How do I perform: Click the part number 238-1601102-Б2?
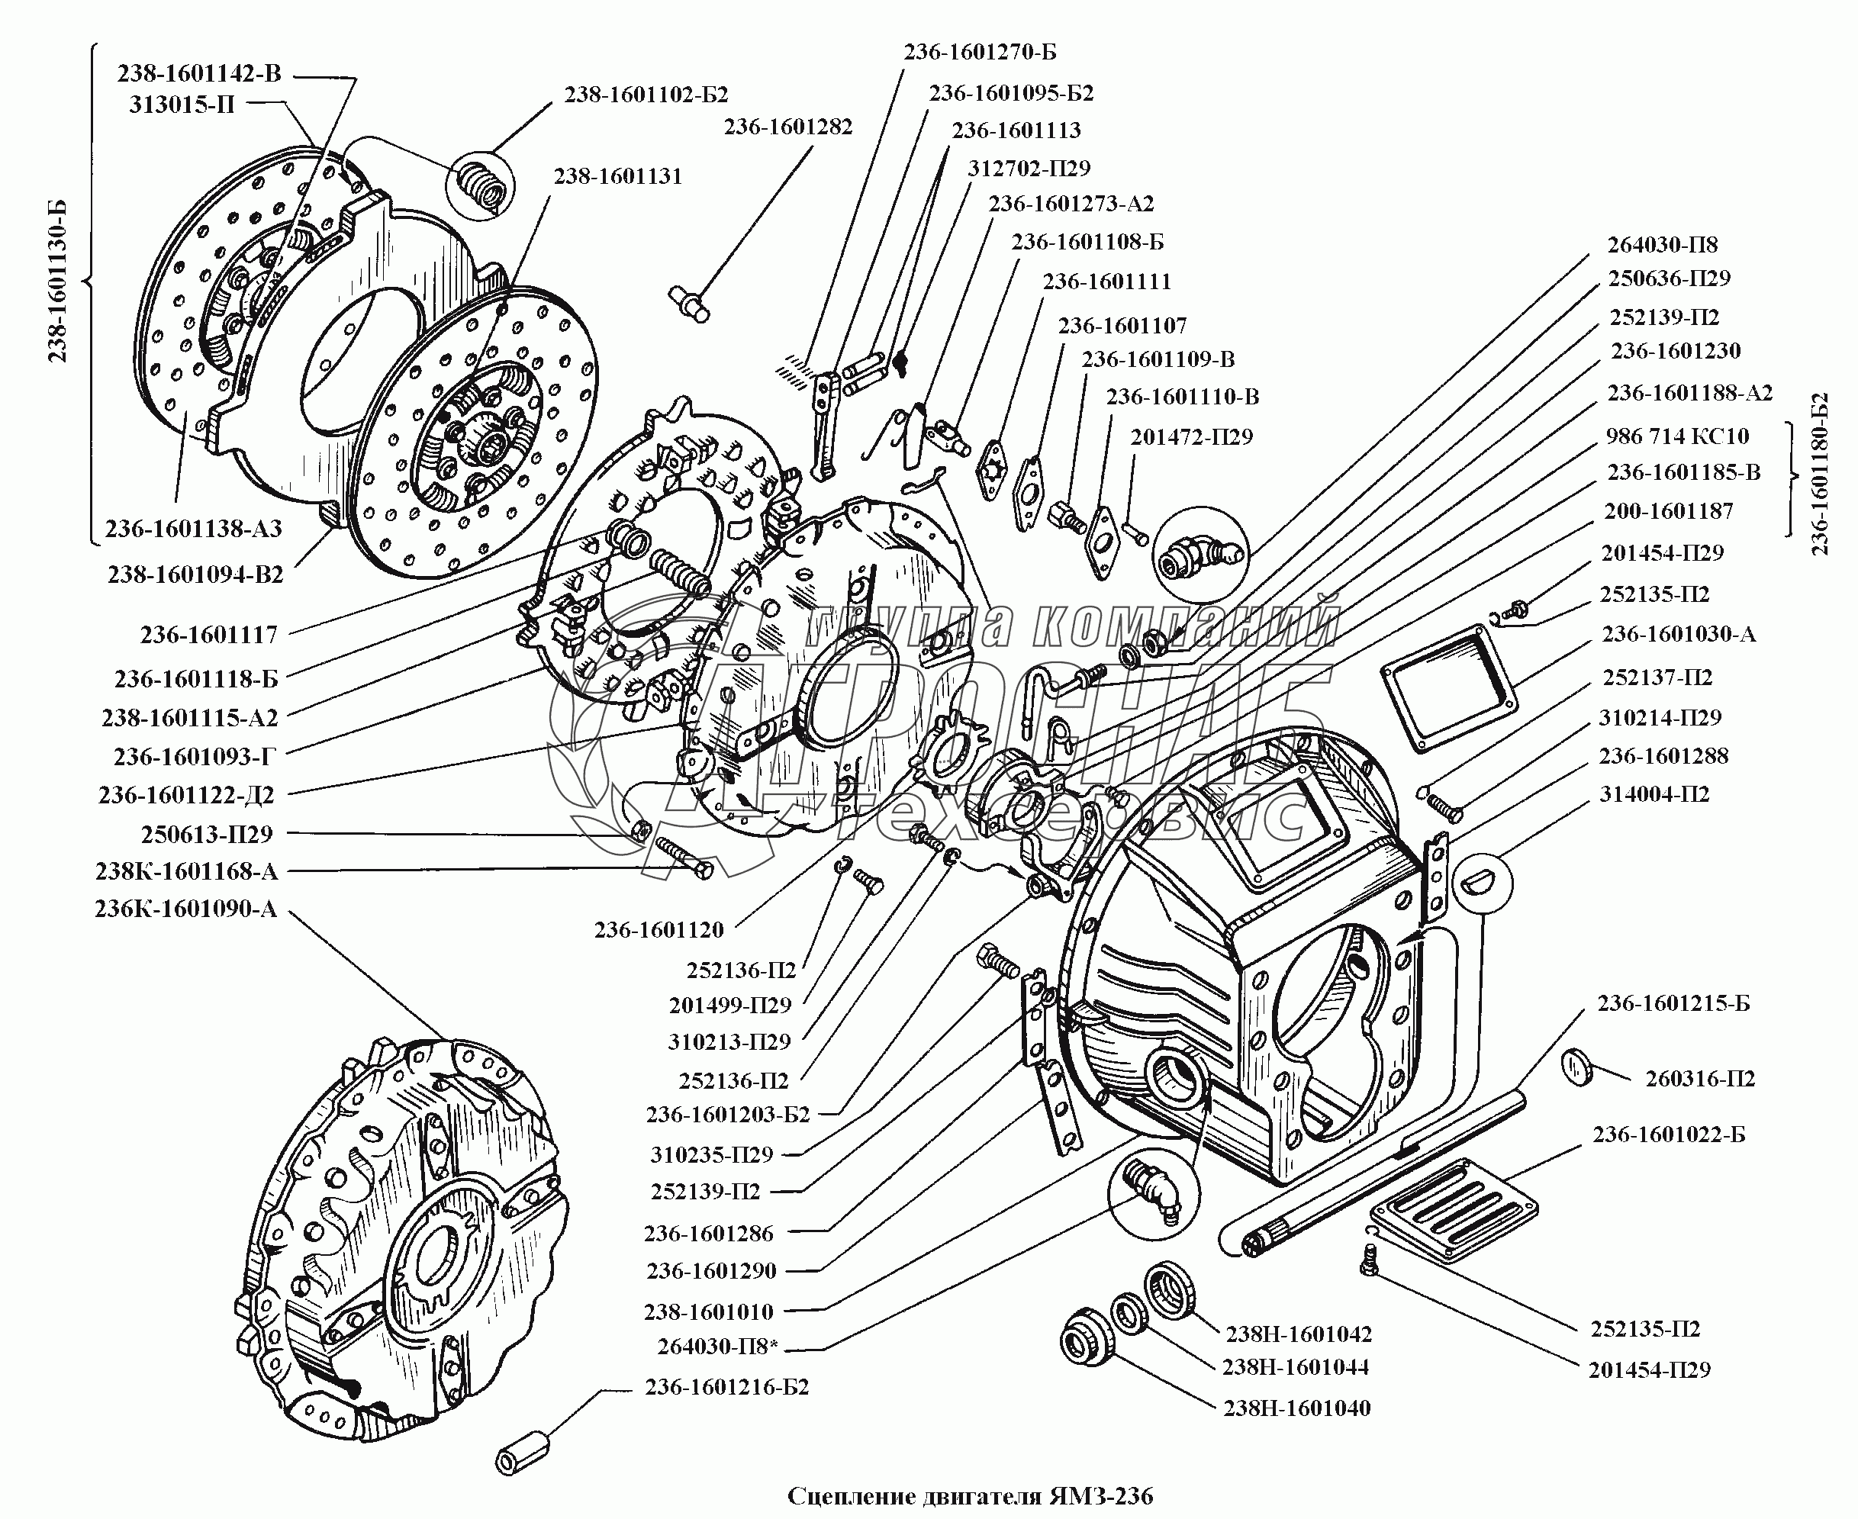[x=646, y=95]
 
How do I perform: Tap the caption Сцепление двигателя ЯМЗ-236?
[x=970, y=1495]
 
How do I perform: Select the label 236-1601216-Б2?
[x=726, y=1387]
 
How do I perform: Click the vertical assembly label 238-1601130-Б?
[x=58, y=281]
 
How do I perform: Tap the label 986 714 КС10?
[x=1677, y=436]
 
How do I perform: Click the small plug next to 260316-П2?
[x=1577, y=1068]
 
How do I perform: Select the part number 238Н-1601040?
[x=1296, y=1408]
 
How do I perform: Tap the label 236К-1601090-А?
[x=185, y=909]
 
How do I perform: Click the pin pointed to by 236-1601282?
[x=690, y=304]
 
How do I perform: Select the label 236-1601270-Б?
[x=979, y=53]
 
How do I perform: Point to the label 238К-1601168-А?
[x=185, y=871]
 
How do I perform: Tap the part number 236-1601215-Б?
[x=1673, y=1003]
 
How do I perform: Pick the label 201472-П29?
[x=1191, y=436]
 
